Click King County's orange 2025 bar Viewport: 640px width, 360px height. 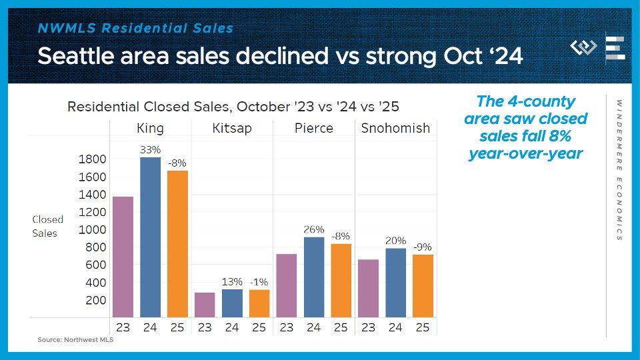point(177,244)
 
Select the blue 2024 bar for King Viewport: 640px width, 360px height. point(150,237)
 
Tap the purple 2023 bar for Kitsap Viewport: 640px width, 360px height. point(205,305)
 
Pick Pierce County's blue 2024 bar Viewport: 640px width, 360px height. point(313,277)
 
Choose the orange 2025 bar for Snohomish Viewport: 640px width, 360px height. point(423,285)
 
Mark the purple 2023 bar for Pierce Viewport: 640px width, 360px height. point(286,285)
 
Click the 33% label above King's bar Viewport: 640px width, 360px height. point(150,150)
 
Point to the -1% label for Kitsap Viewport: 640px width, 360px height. point(259,281)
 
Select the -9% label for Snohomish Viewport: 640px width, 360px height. point(423,247)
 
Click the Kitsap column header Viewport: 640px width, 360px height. point(231,128)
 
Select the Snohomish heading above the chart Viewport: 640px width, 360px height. point(395,128)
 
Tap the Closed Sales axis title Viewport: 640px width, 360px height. point(48,226)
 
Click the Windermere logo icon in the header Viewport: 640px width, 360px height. point(583,48)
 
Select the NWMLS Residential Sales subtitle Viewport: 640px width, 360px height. point(135,29)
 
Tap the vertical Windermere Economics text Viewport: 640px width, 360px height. point(619,170)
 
